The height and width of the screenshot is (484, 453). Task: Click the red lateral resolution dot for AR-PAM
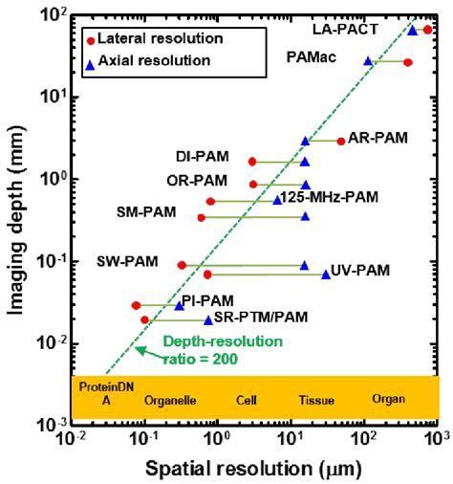pos(341,141)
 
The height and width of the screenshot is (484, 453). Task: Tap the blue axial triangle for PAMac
pos(368,61)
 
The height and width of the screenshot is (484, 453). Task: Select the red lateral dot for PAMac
pos(408,62)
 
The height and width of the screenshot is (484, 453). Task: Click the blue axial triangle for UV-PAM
pos(326,274)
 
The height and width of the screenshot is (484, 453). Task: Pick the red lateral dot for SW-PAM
pos(182,265)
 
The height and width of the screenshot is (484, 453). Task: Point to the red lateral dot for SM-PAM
pos(201,217)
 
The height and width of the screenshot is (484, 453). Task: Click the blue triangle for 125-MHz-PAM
pos(277,200)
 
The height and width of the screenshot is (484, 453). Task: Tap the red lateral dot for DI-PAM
pos(252,162)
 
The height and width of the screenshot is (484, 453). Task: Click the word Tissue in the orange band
pos(316,401)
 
